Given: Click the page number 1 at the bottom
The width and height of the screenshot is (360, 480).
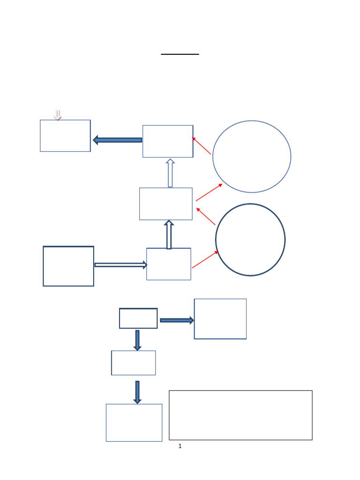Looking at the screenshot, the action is tap(180, 446).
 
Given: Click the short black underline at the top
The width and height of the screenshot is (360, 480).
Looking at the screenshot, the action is tap(180, 54).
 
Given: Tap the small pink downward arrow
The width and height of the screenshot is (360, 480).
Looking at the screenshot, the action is tap(58, 115).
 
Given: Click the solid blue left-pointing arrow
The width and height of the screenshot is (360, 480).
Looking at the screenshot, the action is tap(117, 140).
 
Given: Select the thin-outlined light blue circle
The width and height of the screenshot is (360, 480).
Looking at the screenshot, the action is tap(252, 157).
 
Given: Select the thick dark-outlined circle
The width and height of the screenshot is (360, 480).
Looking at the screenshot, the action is tap(250, 240).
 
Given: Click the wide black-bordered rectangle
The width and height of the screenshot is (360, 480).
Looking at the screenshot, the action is tap(240, 415).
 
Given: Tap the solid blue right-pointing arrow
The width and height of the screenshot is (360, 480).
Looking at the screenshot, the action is tap(177, 320).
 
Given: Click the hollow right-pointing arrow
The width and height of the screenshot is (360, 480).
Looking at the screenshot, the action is tap(120, 265).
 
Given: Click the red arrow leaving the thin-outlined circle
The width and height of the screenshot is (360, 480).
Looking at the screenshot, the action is tap(202, 146).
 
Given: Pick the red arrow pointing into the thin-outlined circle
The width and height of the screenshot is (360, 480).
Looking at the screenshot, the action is tap(209, 192).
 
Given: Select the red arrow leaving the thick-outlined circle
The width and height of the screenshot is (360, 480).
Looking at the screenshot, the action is tap(206, 216).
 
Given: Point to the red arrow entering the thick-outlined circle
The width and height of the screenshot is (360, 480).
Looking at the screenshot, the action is tap(205, 260).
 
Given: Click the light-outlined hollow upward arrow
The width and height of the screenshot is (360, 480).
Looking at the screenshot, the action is tap(170, 173).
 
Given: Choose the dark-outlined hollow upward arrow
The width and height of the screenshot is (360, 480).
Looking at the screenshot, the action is tap(169, 234).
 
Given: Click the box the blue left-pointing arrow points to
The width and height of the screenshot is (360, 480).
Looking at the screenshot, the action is tap(65, 135).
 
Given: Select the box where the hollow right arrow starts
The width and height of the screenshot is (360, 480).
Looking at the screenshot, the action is tap(68, 266).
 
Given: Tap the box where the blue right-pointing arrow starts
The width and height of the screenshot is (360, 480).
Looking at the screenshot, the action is tap(138, 318).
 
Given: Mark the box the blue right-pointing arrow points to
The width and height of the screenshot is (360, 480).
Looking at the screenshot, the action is tap(220, 319).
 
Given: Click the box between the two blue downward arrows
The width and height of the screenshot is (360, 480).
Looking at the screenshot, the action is tap(134, 363).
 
